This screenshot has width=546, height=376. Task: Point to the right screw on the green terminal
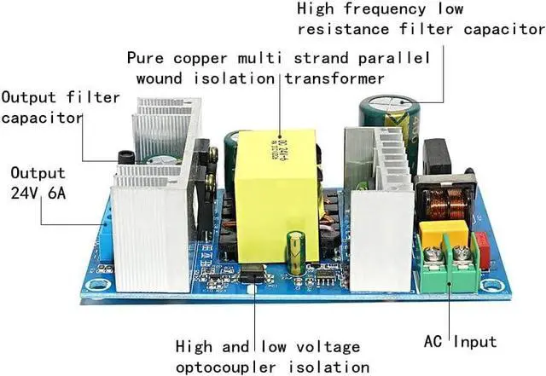pos(462,253)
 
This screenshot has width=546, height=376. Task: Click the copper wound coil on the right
pos(447,203)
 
